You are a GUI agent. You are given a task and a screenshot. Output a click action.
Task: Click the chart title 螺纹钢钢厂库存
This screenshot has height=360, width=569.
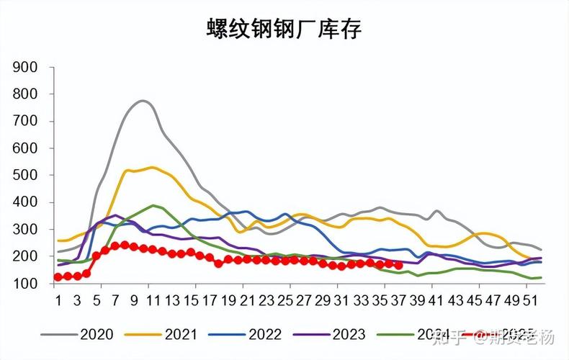coord(284,30)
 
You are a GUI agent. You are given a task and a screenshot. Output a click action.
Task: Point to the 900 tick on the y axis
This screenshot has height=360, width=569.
coord(25,68)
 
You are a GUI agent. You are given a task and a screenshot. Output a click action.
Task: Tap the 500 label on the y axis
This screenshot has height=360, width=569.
coord(25,176)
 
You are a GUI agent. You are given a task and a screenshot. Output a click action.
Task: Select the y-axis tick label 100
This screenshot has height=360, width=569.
coord(25,284)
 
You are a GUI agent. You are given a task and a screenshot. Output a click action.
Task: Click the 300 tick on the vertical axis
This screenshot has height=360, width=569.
coord(25,230)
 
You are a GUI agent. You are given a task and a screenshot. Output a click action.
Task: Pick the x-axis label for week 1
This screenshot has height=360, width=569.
coord(58,299)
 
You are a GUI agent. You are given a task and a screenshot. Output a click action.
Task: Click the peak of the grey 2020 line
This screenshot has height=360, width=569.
coord(142,101)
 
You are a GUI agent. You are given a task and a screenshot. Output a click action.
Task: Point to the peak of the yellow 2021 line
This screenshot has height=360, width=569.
coord(152,167)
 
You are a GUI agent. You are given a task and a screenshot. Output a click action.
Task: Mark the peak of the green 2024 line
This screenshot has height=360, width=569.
coord(153,205)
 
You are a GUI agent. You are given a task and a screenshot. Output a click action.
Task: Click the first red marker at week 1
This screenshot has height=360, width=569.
coord(58,277)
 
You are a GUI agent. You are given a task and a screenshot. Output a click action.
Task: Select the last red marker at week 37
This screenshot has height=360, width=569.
coord(398,265)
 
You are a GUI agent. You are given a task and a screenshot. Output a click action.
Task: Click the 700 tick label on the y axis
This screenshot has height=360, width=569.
coord(25,122)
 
